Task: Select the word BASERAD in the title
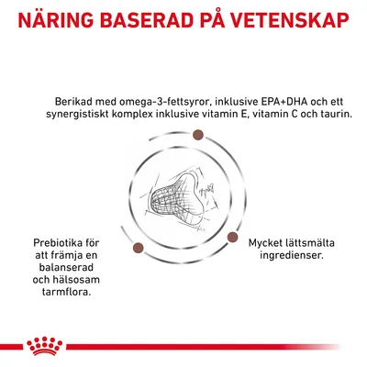pos(154,19)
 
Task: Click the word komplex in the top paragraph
pos(145,116)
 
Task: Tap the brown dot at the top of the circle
pos(197,136)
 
